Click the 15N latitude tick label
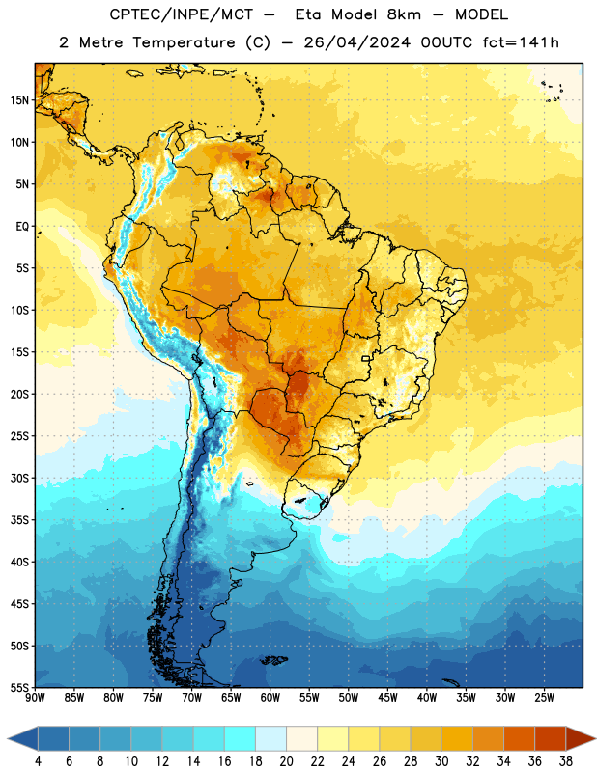[19, 100]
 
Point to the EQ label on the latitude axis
[22, 227]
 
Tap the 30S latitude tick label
[19, 478]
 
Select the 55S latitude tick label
[19, 688]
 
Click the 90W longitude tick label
[35, 697]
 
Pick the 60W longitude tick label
[270, 697]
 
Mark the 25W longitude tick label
[544, 697]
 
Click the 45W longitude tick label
[387, 697]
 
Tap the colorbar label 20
[286, 761]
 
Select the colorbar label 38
[566, 761]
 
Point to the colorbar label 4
[38, 761]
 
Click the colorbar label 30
[441, 761]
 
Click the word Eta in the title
[308, 14]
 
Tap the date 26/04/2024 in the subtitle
[356, 42]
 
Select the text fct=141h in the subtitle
[521, 42]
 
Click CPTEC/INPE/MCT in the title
[181, 14]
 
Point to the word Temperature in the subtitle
[184, 42]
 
